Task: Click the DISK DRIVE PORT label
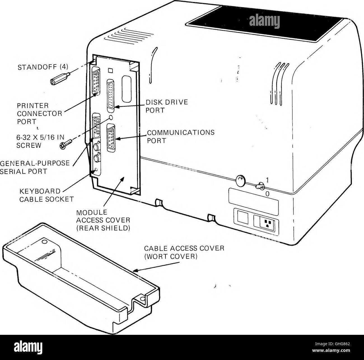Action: tap(167, 106)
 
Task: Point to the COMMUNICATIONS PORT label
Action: tap(181, 136)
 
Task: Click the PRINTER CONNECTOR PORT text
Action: tap(39, 114)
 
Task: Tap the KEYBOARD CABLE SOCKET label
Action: tap(46, 195)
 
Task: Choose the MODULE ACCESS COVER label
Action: tap(103, 220)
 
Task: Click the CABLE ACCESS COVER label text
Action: tap(184, 252)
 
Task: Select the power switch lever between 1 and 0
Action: tap(260, 186)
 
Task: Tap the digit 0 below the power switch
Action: tap(267, 194)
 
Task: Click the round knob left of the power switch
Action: tap(241, 180)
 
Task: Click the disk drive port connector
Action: tap(111, 96)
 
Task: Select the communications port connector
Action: tap(111, 138)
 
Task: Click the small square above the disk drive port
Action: tap(111, 70)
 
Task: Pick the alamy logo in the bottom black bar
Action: tap(28, 347)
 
